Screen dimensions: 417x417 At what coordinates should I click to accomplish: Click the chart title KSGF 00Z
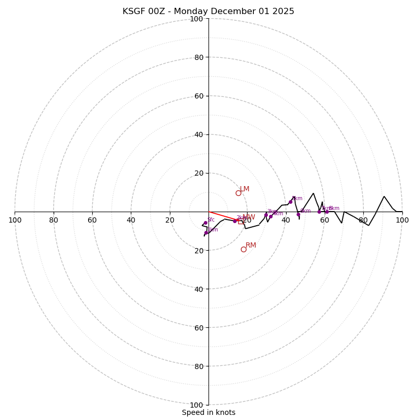(x=208, y=11)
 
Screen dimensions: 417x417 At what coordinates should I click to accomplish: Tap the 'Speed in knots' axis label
(x=208, y=412)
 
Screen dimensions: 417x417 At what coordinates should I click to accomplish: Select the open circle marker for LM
(x=238, y=193)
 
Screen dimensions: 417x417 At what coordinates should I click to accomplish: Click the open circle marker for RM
(x=243, y=249)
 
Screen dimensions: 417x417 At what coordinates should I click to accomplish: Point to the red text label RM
(x=251, y=245)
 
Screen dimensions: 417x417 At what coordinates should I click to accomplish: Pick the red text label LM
(x=244, y=189)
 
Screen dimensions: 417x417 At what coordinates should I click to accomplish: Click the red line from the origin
(x=222, y=216)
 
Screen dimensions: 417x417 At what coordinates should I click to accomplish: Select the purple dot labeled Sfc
(x=205, y=223)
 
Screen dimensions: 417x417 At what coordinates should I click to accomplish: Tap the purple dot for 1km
(x=206, y=232)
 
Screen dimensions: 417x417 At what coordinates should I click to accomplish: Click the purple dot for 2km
(x=235, y=221)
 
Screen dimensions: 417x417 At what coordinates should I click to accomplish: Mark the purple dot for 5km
(x=290, y=202)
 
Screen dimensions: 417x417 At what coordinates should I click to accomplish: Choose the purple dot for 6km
(x=298, y=214)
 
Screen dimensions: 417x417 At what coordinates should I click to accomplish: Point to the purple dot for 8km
(x=327, y=212)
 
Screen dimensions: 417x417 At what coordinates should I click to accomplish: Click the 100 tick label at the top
(x=196, y=19)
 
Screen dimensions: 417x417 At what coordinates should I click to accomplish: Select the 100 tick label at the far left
(x=15, y=220)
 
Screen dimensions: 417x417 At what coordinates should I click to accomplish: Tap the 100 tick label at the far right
(x=402, y=220)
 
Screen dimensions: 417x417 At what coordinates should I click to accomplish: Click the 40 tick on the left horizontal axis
(x=131, y=220)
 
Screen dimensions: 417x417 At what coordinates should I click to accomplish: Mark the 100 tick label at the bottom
(x=196, y=404)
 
